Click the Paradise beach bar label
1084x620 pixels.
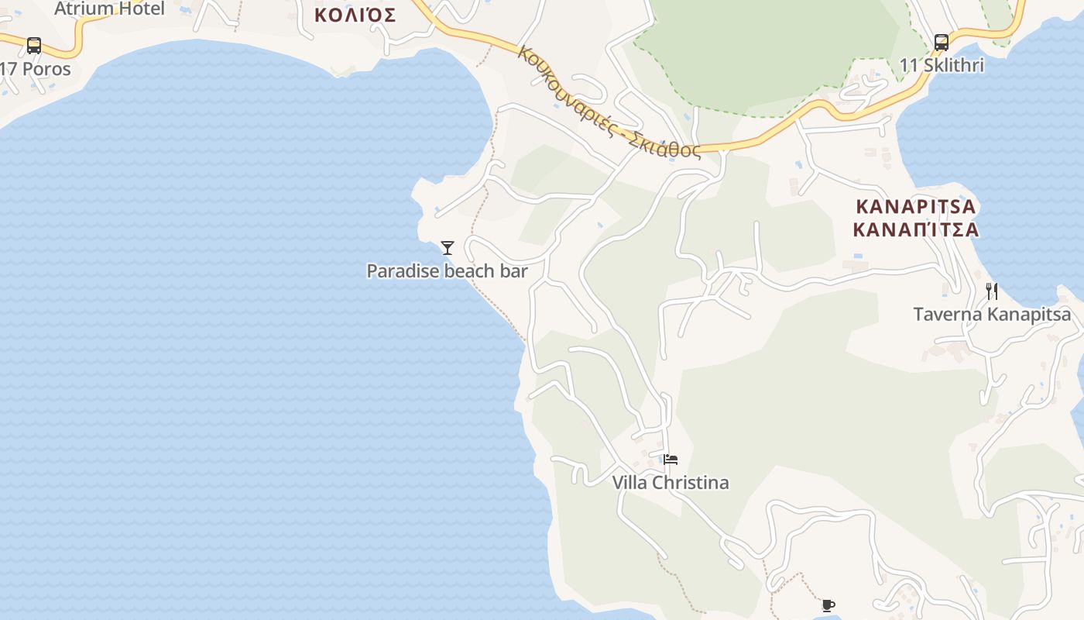click(x=447, y=271)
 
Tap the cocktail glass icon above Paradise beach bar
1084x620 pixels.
click(x=447, y=248)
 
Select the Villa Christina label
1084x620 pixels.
click(x=671, y=483)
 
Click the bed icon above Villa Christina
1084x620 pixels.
click(x=671, y=460)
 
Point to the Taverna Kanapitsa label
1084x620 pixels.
click(x=992, y=315)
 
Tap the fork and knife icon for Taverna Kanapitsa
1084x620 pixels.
click(x=992, y=291)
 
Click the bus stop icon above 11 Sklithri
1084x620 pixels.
click(x=942, y=42)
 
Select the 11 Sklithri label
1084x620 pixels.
click(x=942, y=66)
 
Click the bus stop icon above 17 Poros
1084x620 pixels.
click(x=34, y=45)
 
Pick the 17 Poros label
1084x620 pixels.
click(x=36, y=69)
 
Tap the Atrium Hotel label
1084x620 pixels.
click(x=109, y=9)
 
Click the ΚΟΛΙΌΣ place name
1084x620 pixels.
click(x=355, y=15)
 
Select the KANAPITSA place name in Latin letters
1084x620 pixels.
click(x=916, y=207)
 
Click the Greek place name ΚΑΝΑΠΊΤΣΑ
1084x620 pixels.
click(x=916, y=229)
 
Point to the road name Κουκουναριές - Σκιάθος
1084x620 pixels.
click(x=609, y=103)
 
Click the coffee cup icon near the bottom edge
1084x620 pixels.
click(x=828, y=605)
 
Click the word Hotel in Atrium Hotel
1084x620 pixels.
click(x=142, y=9)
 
